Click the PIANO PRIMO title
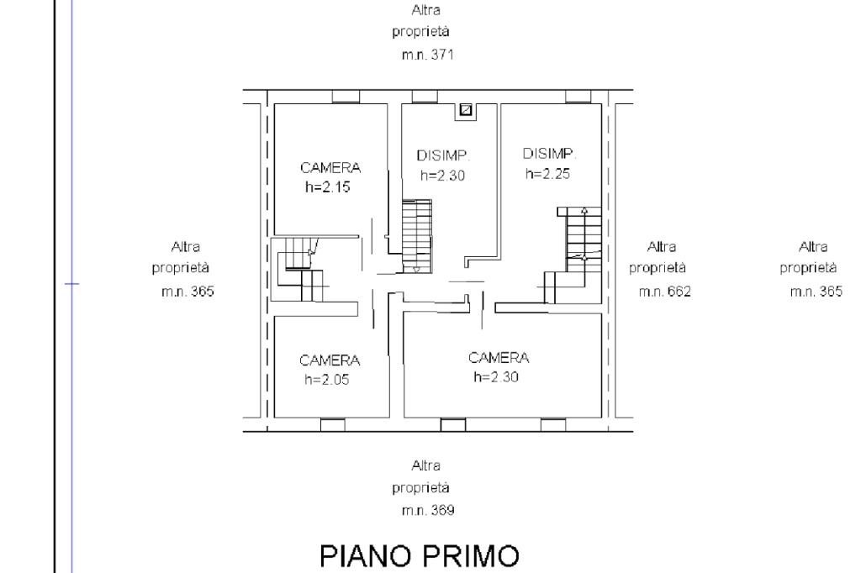[420, 555]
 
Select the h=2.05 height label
[327, 379]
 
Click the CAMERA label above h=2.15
[330, 167]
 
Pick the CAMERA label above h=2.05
[330, 360]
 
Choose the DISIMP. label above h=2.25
[550, 154]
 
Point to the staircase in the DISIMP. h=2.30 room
[417, 234]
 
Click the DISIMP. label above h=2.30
[443, 156]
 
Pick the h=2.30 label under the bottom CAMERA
[496, 377]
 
